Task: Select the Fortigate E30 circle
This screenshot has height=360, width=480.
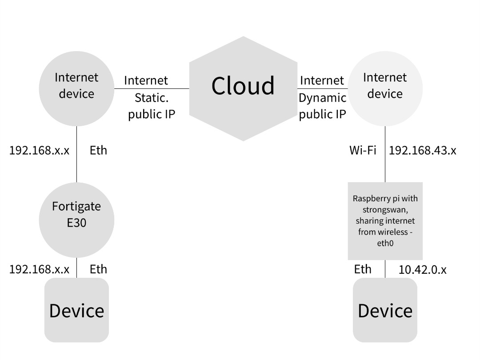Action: [x=76, y=220]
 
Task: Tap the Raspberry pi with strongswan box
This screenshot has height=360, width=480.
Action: [x=385, y=221]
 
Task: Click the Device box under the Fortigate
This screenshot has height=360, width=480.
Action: [x=76, y=310]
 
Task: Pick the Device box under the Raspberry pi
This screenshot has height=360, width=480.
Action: [x=385, y=310]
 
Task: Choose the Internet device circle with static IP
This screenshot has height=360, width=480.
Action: [x=76, y=89]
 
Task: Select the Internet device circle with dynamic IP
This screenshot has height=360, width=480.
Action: [x=385, y=89]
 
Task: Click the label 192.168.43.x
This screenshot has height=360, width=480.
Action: [x=422, y=150]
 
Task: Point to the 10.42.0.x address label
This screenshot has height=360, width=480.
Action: [x=422, y=269]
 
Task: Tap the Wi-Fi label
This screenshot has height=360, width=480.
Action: [x=363, y=150]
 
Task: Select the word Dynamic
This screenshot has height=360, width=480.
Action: [x=322, y=98]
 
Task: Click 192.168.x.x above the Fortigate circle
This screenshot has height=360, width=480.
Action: [x=39, y=150]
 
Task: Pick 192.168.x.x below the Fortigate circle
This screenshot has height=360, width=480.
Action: [x=39, y=269]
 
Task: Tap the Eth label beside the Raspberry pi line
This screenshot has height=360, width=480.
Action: [x=363, y=269]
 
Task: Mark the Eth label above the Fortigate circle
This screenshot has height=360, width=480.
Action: [x=98, y=150]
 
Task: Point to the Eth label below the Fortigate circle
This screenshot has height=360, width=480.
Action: [x=98, y=269]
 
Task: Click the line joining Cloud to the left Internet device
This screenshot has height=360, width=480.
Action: [x=152, y=88]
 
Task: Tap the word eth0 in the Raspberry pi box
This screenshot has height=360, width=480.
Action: [x=385, y=244]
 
